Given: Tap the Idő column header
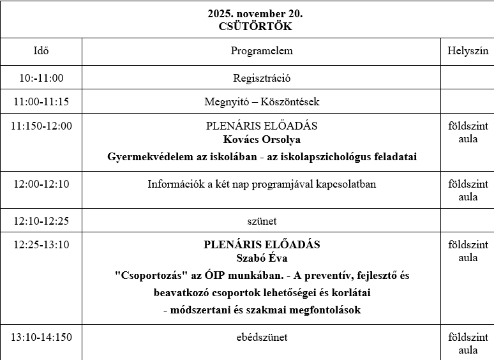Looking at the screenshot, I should pyautogui.click(x=41, y=51).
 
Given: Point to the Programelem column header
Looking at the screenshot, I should pyautogui.click(x=262, y=51).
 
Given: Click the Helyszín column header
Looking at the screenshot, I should pyautogui.click(x=467, y=51).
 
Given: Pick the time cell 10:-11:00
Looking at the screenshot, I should pyautogui.click(x=41, y=79).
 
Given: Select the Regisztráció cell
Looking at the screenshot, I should pyautogui.click(x=262, y=79).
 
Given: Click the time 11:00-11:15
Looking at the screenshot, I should pyautogui.click(x=41, y=101).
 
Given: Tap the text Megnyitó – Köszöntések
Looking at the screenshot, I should pyautogui.click(x=262, y=101).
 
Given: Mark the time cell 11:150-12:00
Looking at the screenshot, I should pyautogui.click(x=41, y=126).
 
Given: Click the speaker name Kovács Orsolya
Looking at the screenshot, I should pyautogui.click(x=262, y=139).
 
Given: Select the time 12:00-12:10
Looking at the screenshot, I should pyautogui.click(x=41, y=184).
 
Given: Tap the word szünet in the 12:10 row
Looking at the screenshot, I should pyautogui.click(x=262, y=221).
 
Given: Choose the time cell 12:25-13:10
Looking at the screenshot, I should pyautogui.click(x=41, y=244).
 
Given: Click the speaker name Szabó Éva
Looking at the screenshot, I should pyautogui.click(x=262, y=258).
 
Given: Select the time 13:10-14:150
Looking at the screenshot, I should pyautogui.click(x=41, y=337).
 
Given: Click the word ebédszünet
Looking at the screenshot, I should pyautogui.click(x=262, y=337).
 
